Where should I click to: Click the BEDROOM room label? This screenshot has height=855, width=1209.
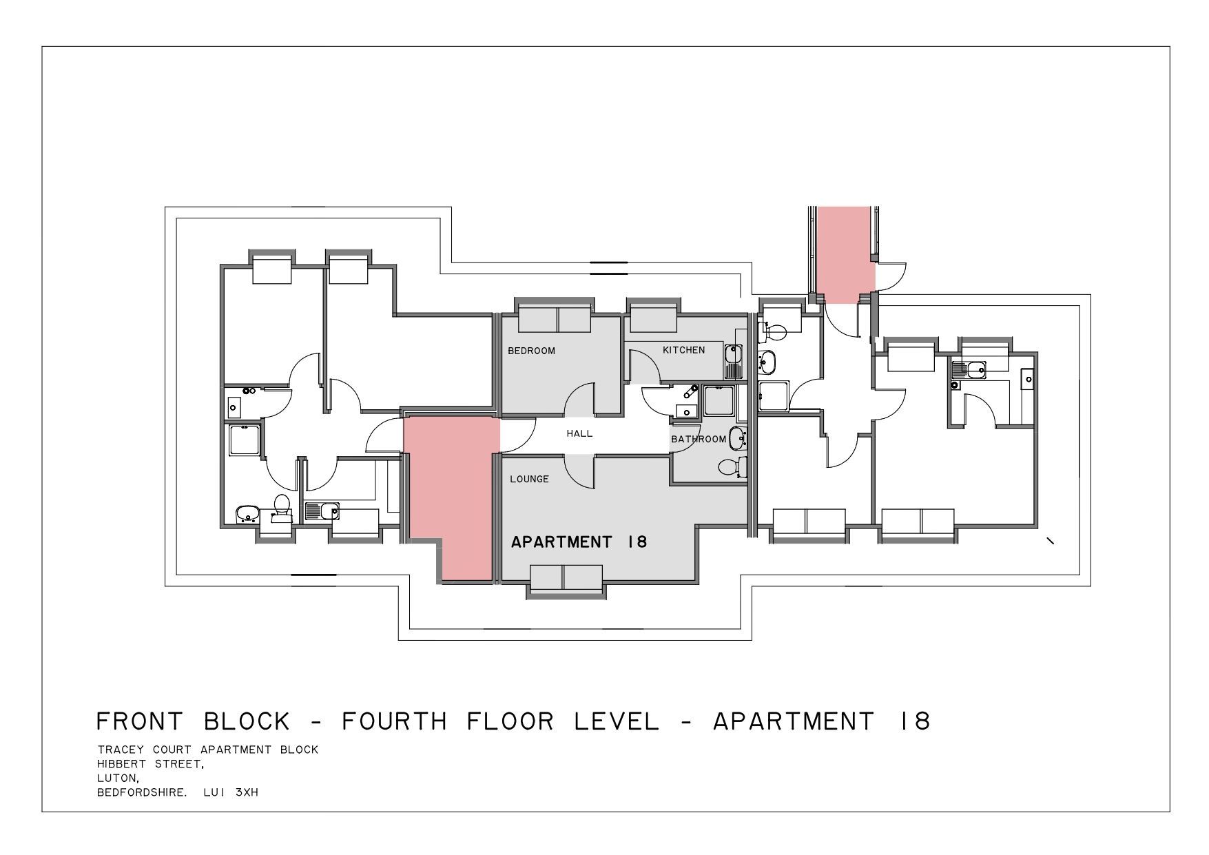pyautogui.click(x=531, y=351)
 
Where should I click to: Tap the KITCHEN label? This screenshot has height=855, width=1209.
pyautogui.click(x=683, y=350)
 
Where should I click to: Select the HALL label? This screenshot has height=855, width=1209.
pyautogui.click(x=579, y=433)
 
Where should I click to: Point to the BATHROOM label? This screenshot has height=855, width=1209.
pyautogui.click(x=699, y=439)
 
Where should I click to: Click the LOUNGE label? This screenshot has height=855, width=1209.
pyautogui.click(x=529, y=479)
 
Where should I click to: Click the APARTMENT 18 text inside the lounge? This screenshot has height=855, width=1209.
pyautogui.click(x=579, y=542)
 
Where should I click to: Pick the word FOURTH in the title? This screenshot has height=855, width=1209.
pyautogui.click(x=394, y=721)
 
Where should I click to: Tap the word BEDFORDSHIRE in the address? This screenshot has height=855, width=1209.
pyautogui.click(x=141, y=792)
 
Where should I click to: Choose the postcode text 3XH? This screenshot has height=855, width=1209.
pyautogui.click(x=246, y=792)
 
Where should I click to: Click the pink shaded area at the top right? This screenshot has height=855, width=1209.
pyautogui.click(x=845, y=255)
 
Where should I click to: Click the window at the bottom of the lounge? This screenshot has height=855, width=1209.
pyautogui.click(x=567, y=577)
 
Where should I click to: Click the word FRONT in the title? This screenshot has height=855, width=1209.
pyautogui.click(x=140, y=721)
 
